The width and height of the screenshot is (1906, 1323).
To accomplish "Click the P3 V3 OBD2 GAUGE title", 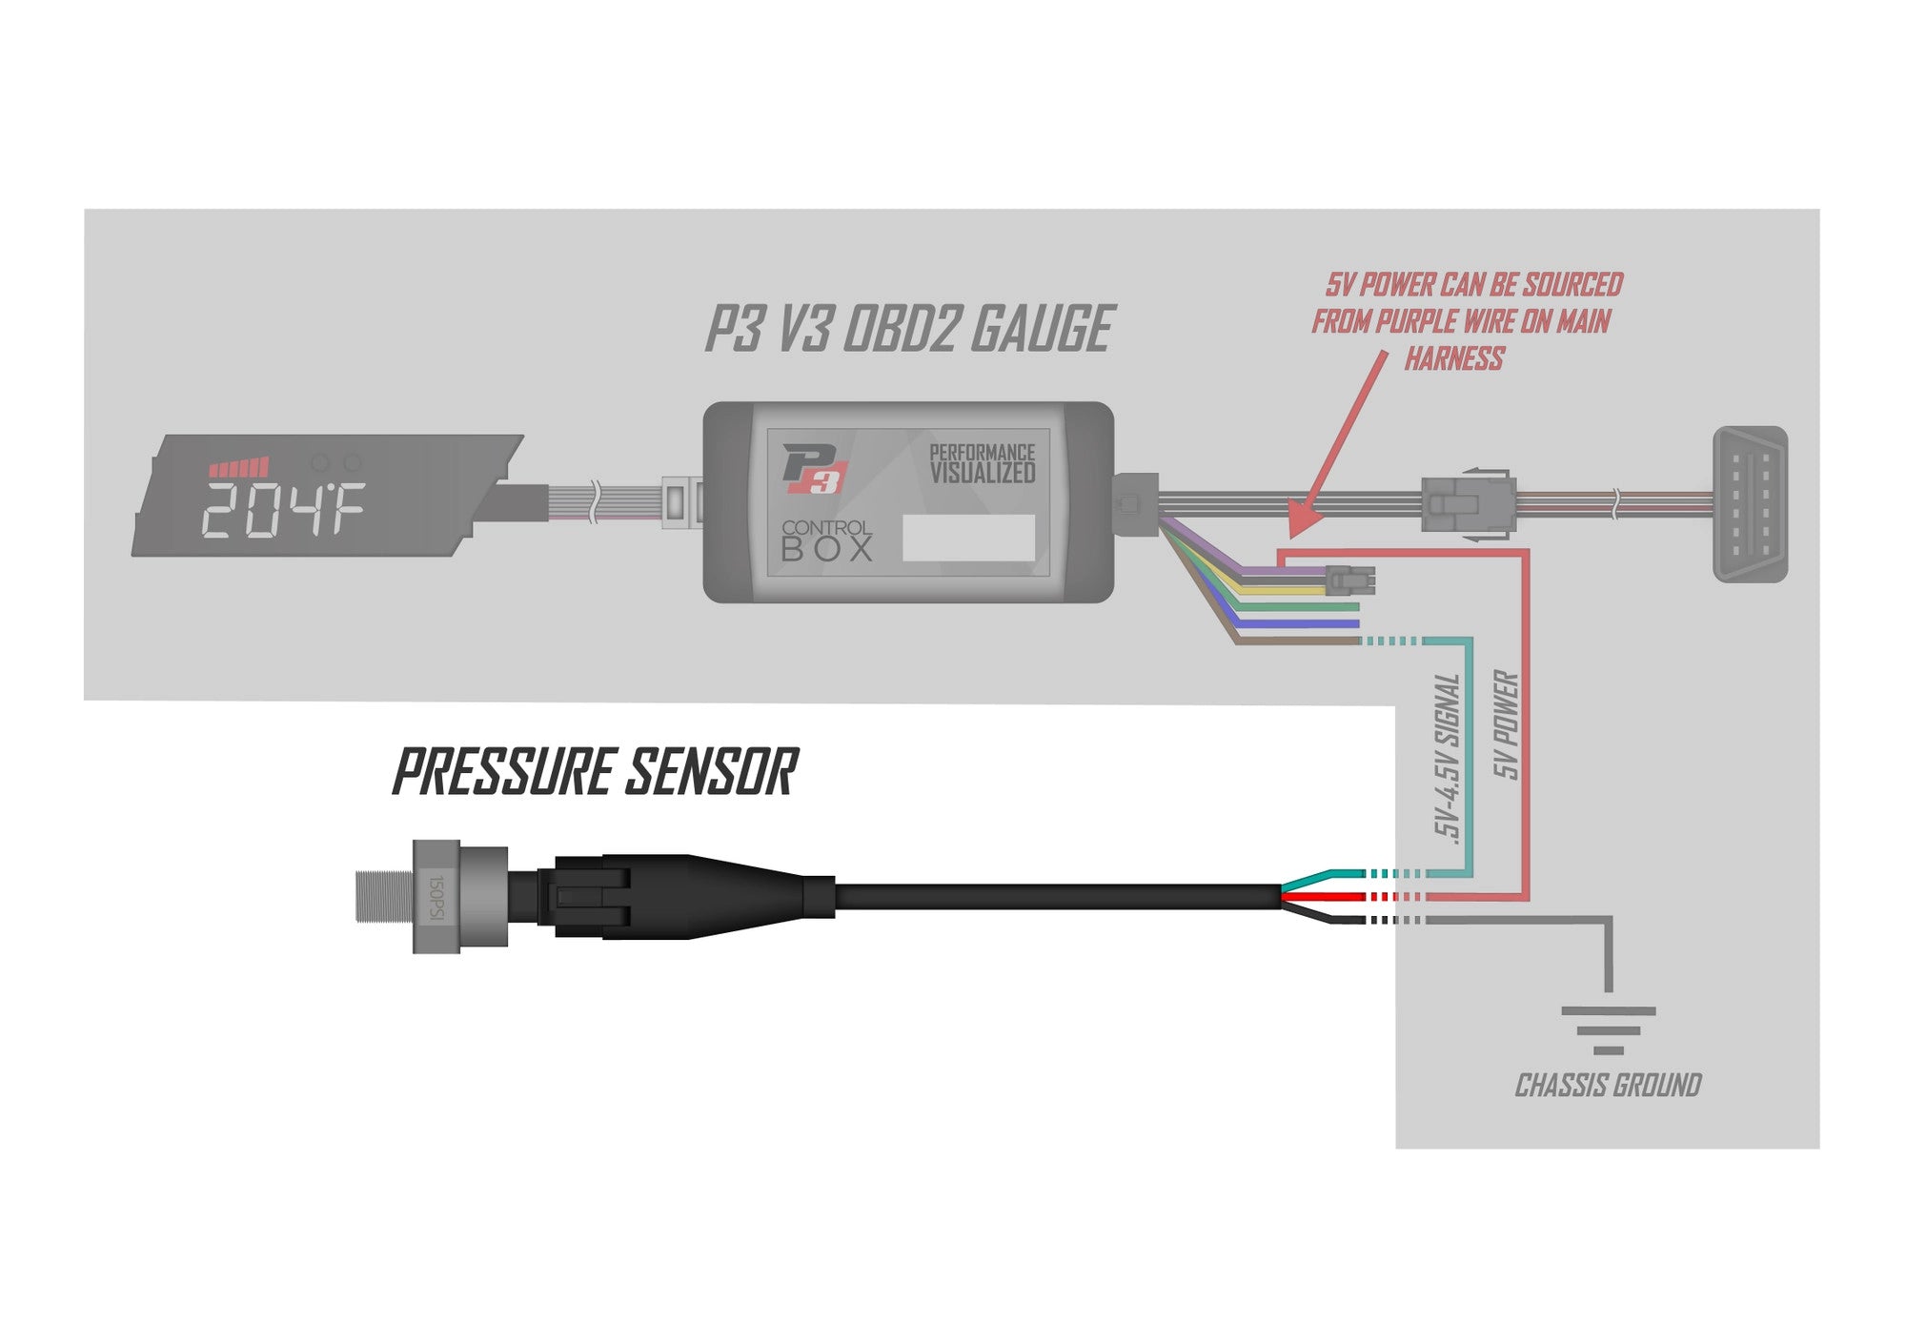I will pos(909,329).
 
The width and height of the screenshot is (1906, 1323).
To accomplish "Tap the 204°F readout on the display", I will pos(282,510).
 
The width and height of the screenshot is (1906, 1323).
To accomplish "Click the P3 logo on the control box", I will pos(813,469).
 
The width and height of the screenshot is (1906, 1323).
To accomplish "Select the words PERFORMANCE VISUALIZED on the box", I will pos(982,464).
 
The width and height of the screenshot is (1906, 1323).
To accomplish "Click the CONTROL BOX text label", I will pos(825,540).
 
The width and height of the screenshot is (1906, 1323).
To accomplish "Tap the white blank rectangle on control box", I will pos(968,538).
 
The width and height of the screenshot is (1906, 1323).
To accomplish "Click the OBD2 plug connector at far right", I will pos(1750,503).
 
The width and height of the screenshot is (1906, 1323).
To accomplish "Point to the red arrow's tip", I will pos(1292,535).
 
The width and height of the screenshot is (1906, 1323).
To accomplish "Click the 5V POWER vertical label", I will pos(1505,724).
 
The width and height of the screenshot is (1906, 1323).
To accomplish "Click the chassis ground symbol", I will pos(1609,1029).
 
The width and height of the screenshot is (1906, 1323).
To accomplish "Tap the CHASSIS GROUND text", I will pos(1608,1085).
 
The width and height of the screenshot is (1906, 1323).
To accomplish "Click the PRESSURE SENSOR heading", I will pos(595,772).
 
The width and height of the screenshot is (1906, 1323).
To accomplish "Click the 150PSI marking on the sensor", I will pos(436,897).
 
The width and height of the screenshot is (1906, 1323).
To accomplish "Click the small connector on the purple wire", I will pos(1349,579).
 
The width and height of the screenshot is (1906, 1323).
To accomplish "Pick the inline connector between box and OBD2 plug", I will pos(1467,504).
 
